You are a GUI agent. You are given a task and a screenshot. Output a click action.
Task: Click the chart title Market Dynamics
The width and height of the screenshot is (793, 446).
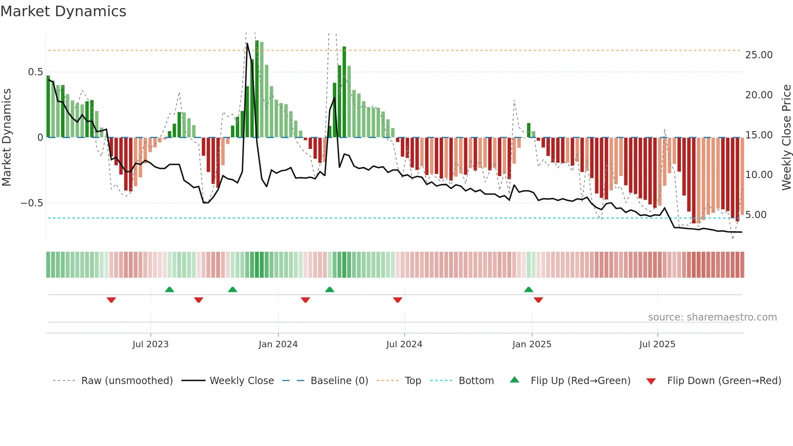(x=63, y=11)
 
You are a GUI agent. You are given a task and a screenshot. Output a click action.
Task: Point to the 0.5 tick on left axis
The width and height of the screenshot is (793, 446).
(x=35, y=72)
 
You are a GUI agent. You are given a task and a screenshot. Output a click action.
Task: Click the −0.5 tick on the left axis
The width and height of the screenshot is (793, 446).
(x=32, y=203)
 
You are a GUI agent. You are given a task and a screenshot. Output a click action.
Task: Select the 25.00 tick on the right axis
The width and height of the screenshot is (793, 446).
(x=759, y=55)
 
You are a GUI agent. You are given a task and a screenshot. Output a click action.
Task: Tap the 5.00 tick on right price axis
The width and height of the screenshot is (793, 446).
(x=756, y=215)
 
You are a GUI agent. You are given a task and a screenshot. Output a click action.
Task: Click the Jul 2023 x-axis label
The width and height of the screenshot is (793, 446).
(x=151, y=344)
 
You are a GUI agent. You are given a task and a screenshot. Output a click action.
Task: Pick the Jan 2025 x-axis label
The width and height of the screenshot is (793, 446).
(x=532, y=344)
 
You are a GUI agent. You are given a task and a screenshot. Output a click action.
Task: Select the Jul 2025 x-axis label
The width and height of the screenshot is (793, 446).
(x=657, y=344)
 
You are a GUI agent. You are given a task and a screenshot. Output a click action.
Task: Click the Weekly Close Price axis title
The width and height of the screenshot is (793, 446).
(x=786, y=138)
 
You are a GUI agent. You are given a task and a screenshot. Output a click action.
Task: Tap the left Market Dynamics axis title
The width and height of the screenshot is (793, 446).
(x=6, y=138)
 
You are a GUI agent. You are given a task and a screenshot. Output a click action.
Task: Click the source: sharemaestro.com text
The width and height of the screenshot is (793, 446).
(x=712, y=317)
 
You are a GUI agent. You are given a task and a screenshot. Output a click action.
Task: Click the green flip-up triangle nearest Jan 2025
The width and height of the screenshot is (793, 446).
(x=528, y=290)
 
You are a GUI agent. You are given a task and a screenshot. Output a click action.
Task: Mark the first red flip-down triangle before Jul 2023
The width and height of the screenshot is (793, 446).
(x=111, y=300)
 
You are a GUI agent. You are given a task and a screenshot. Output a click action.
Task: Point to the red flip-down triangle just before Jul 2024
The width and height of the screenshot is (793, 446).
(x=398, y=300)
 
